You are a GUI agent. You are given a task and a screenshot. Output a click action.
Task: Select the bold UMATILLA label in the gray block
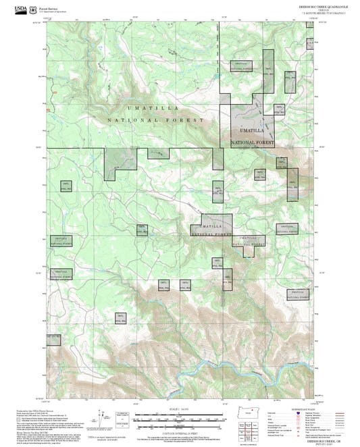click(x=252, y=130)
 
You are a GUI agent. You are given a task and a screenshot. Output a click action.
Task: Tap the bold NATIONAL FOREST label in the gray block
click(x=253, y=143)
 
